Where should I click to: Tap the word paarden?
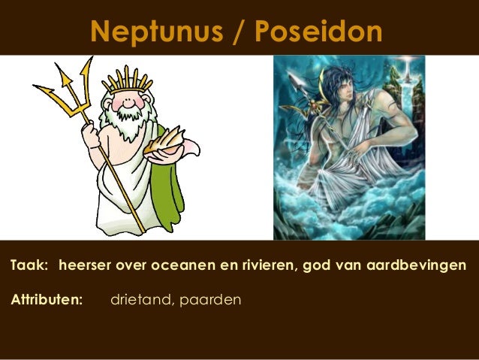tap(211, 301)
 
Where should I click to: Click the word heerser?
tap(83, 265)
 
